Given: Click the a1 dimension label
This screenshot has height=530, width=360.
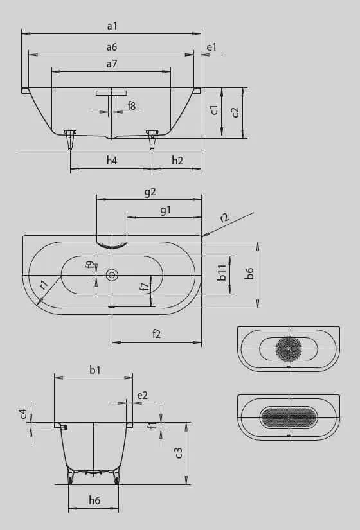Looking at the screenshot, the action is tap(112, 26).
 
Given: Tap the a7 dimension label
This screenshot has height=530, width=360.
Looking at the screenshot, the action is tap(112, 64).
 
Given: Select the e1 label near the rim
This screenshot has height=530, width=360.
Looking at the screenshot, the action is tap(212, 47).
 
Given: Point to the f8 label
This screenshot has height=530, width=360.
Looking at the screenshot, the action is tap(132, 106).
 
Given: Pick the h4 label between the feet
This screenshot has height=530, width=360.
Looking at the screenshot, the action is tap(112, 160).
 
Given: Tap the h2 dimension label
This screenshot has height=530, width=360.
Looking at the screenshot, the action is tap(177, 160).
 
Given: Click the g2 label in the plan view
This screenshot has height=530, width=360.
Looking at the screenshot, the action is tap(150, 192).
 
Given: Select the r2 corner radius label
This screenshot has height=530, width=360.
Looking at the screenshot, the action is tap(224, 217).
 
